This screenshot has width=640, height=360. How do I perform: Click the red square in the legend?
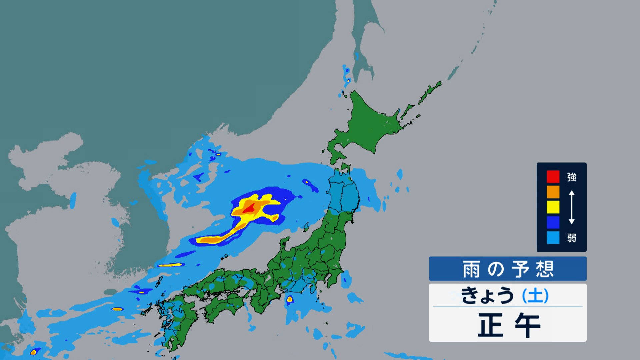coord(553,177)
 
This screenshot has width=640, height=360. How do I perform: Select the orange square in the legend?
coord(553,192)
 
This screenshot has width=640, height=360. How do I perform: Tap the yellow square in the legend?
coord(553,207)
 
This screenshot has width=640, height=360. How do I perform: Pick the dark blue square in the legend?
coord(553,222)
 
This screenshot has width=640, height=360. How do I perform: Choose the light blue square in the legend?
coord(553,238)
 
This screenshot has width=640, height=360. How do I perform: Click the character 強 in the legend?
coord(572,177)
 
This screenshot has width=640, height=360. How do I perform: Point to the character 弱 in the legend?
coord(572,238)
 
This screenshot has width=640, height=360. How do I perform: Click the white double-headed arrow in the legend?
coord(571,207)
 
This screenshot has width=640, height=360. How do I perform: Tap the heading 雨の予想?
coord(508,269)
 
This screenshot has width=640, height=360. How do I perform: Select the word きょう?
coord(487,295)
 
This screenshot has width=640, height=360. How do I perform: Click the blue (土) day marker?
coord(535,295)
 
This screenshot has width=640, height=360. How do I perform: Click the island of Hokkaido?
coord(367,123)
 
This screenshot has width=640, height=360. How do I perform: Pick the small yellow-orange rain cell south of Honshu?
coord(290,299)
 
